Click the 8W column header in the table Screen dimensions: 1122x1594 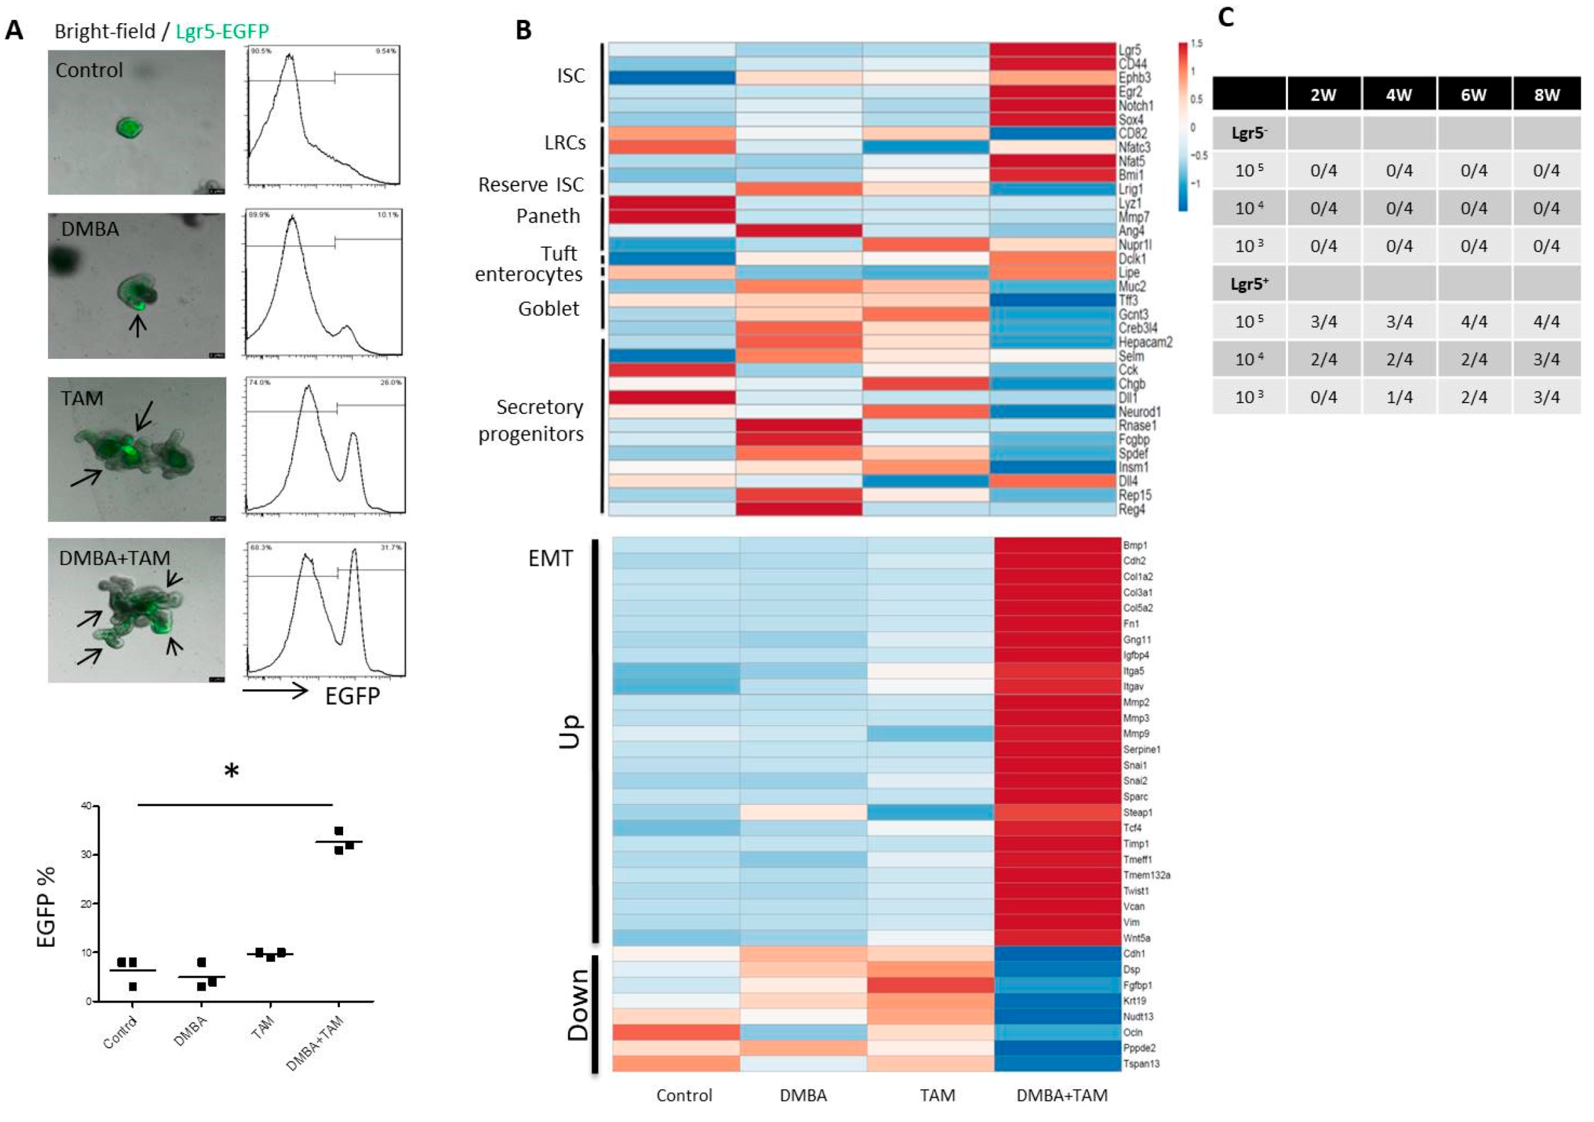tap(1546, 95)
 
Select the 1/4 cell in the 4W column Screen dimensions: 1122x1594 tap(1398, 397)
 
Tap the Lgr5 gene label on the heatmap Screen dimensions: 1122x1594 tap(1129, 50)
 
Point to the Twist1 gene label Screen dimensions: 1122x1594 tap(1137, 891)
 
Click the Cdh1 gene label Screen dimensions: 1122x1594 tap(1133, 954)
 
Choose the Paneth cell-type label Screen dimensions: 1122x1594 tap(548, 216)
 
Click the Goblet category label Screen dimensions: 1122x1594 tap(548, 308)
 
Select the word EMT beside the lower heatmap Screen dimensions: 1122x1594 tap(550, 558)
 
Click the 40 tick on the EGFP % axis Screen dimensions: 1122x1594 tap(86, 806)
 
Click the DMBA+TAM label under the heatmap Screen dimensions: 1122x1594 tap(1062, 1095)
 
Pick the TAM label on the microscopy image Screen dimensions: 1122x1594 tap(81, 399)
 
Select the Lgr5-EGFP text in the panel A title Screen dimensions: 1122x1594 tap(222, 31)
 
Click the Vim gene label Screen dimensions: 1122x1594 tap(1132, 923)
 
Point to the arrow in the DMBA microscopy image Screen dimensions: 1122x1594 tap(138, 325)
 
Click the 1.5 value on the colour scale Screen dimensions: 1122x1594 tap(1196, 44)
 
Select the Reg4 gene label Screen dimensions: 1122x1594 tap(1131, 509)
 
